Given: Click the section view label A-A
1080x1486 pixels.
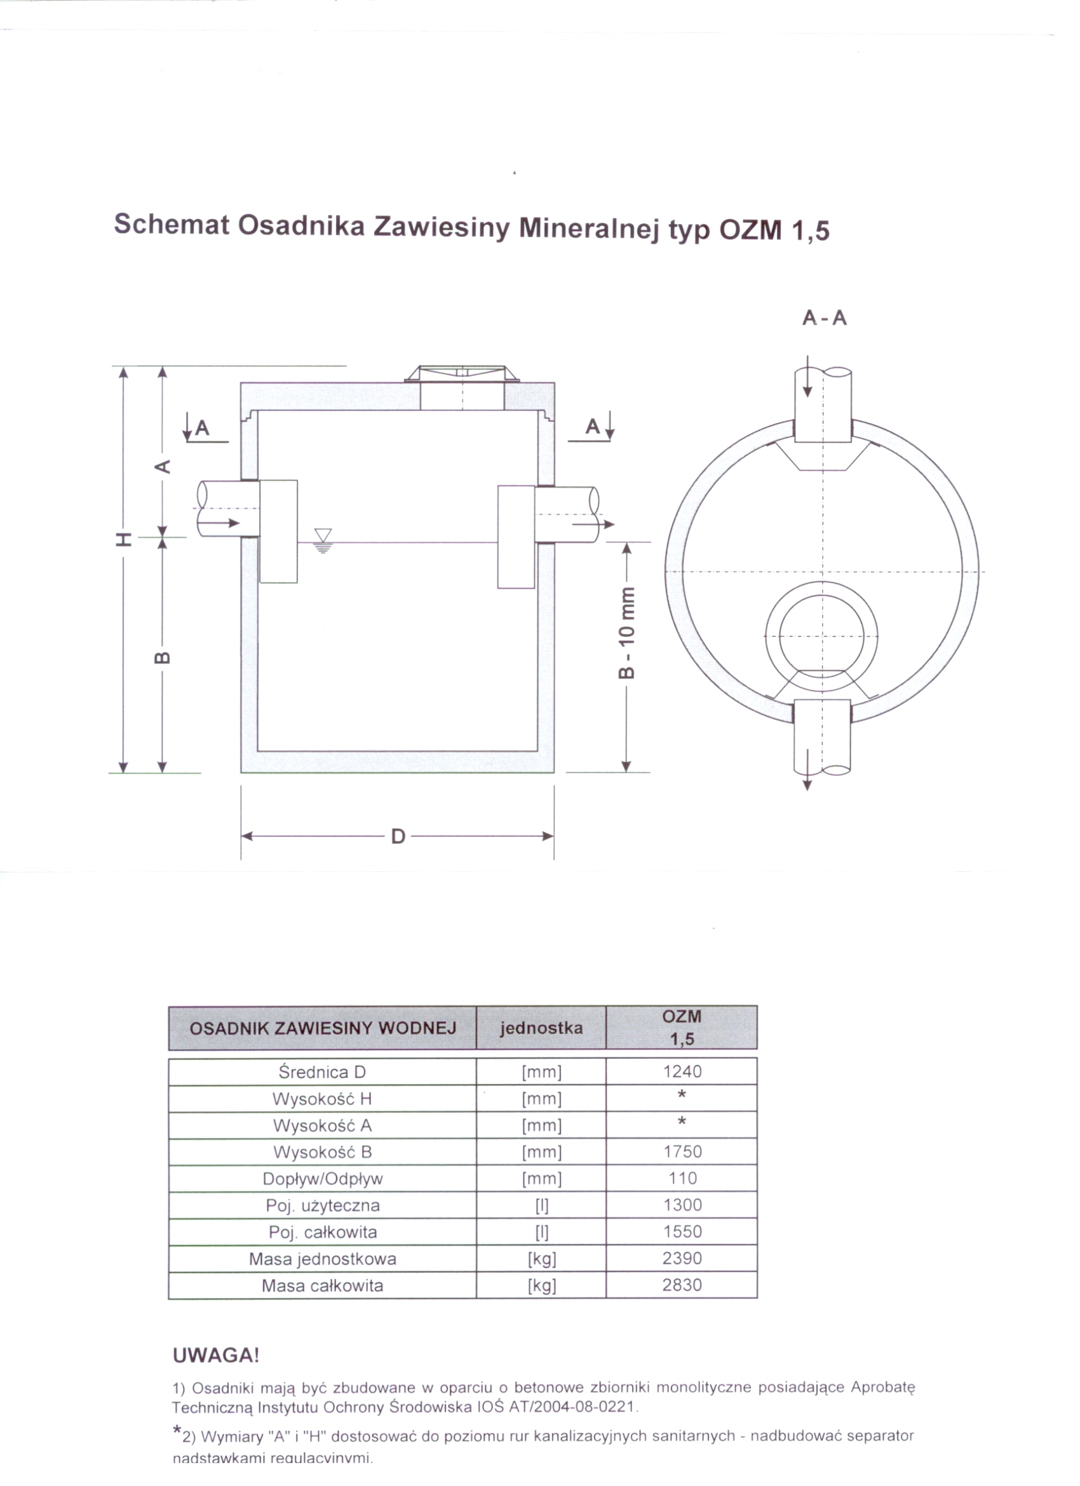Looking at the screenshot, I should tap(825, 318).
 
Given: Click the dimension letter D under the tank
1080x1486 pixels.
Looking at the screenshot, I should tap(398, 837).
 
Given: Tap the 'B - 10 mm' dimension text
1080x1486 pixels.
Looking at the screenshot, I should tap(627, 633).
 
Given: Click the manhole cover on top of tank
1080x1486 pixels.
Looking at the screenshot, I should tap(462, 374).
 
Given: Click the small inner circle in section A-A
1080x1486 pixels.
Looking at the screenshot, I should tap(821, 636).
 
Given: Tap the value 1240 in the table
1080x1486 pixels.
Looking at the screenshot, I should tap(682, 1071).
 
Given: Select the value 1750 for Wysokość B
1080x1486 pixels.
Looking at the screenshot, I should tap(682, 1151).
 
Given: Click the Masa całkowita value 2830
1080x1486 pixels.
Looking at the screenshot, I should tap(682, 1285).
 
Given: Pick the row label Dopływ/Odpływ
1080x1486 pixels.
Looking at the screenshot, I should tap(323, 1179).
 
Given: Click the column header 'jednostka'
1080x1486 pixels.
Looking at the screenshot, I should tap(541, 1028).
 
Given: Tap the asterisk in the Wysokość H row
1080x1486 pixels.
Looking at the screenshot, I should tap(682, 1095).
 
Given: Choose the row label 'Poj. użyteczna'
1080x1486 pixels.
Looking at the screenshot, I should tap(323, 1205).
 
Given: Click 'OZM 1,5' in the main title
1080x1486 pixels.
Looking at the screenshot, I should tap(774, 231).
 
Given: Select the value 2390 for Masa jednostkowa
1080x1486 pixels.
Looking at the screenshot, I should tap(682, 1258).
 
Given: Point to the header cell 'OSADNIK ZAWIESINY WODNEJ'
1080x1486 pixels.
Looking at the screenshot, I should tap(323, 1028).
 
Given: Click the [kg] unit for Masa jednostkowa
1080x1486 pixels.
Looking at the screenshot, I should tap(541, 1259).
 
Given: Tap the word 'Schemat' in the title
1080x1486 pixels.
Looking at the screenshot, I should tap(172, 225).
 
